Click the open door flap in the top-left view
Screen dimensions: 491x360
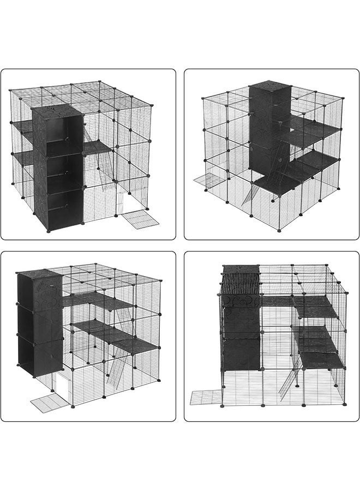click(x=140, y=218)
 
